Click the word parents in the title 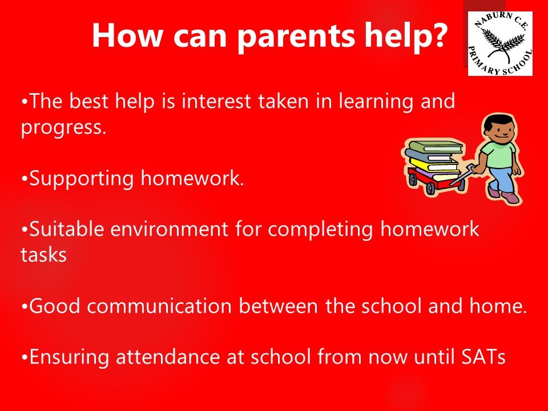pos(296,36)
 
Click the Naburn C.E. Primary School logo pos(500,43)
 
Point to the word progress pos(63,127)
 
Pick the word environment pos(169,229)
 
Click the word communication pos(159,306)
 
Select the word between pos(278,306)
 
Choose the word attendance pos(168,357)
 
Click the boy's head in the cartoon pos(498,127)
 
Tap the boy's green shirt pos(498,154)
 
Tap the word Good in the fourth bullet pos(55,306)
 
